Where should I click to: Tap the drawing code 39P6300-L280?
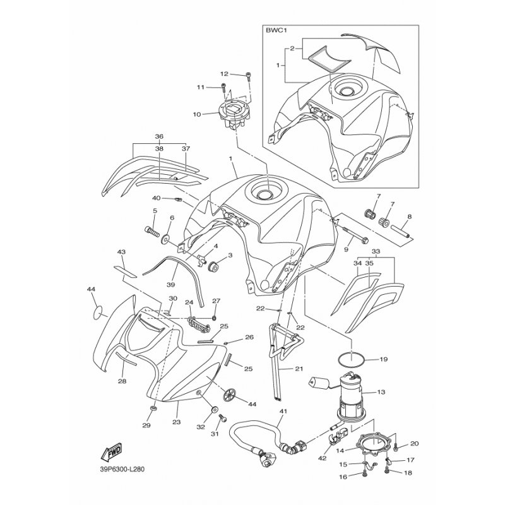[122, 469]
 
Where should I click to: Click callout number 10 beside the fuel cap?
[197, 114]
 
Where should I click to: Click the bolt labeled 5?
[151, 231]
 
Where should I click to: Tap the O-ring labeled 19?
[352, 358]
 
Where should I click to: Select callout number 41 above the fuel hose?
[283, 412]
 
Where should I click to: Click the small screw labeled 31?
[223, 419]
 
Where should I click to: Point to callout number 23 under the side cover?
[177, 422]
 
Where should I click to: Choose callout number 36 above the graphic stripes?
[159, 136]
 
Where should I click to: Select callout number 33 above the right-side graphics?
[376, 251]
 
